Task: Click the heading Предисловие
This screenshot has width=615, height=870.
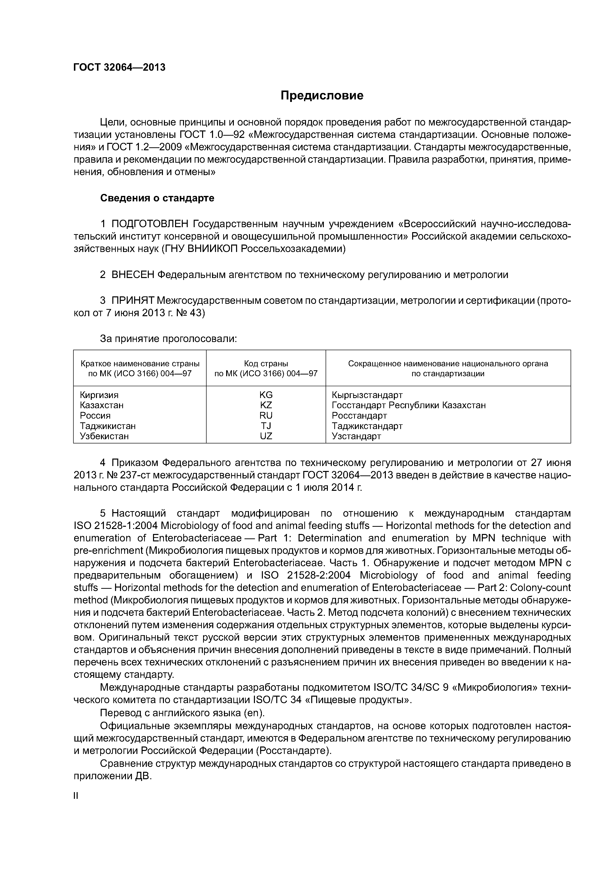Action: coord(322,95)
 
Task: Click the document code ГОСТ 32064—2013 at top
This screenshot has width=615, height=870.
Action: coord(119,67)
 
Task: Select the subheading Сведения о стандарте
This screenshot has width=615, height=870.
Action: coord(157,198)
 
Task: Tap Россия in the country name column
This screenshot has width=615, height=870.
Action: coord(95,416)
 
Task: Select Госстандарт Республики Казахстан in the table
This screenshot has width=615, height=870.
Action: coord(408,405)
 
